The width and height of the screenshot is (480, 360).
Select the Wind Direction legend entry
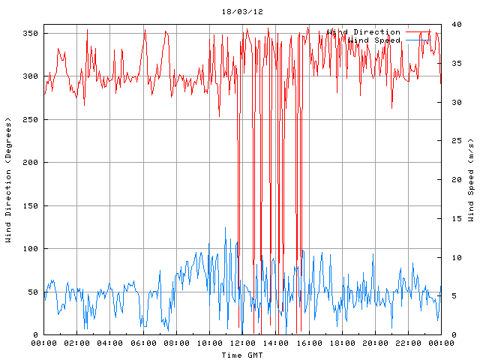pos(364,32)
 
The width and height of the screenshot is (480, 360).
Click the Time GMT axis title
pos(242,355)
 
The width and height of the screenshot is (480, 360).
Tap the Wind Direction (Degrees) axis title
pos(8,180)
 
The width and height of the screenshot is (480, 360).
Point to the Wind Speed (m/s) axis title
pos(471,180)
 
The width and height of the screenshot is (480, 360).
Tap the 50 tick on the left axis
pos(32,292)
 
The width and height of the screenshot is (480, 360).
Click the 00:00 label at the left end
pos(43,343)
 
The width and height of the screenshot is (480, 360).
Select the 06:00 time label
pos(143,343)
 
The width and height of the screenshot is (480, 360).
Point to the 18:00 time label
pos(342,343)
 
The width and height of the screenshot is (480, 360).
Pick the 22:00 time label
pos(408,343)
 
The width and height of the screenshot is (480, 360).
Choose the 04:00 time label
pos(110,343)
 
